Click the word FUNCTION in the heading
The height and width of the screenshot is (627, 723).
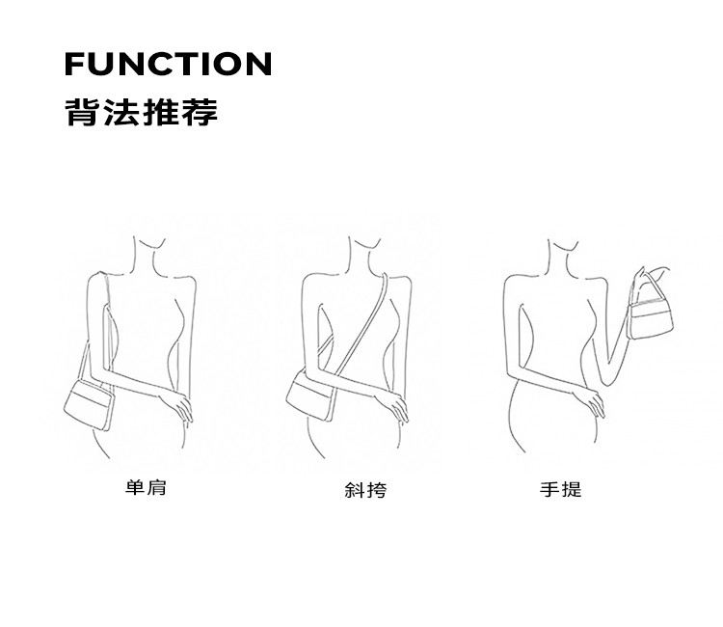[169, 64]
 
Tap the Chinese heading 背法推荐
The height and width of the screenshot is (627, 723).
[141, 112]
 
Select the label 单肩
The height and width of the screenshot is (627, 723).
[146, 488]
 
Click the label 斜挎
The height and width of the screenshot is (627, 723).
[365, 489]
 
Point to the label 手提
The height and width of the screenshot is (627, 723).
[561, 489]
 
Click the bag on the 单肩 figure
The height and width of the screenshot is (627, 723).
[89, 405]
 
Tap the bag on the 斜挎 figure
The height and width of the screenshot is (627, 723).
[309, 395]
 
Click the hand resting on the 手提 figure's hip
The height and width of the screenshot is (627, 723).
[589, 402]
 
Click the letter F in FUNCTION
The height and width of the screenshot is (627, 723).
[74, 64]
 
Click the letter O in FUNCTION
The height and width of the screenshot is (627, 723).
[230, 64]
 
